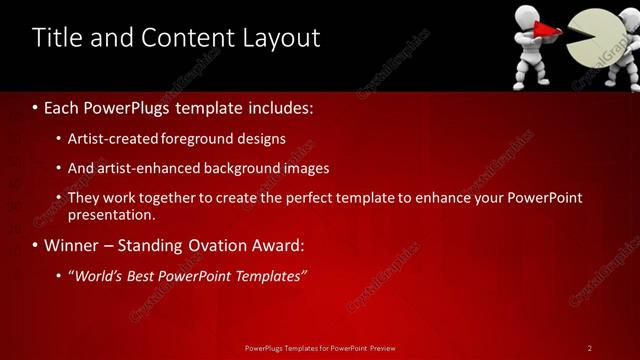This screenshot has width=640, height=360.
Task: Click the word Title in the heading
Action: (x=56, y=38)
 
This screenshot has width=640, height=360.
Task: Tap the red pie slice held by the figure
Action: (x=547, y=34)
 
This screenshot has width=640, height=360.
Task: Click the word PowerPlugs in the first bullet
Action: (x=132, y=106)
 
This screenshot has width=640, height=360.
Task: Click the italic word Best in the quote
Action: (x=146, y=275)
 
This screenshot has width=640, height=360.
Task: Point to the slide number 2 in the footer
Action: (x=590, y=348)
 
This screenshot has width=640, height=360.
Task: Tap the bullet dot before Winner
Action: (x=36, y=246)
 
